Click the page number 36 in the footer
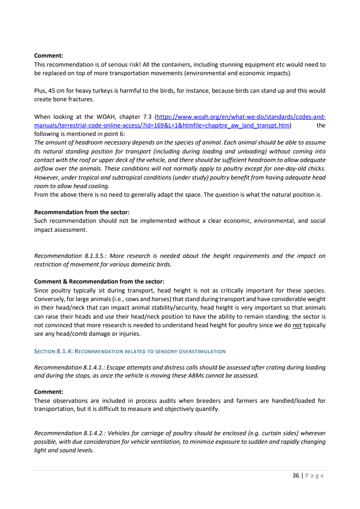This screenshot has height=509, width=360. (x=296, y=475)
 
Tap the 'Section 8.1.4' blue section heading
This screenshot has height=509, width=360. (x=130, y=351)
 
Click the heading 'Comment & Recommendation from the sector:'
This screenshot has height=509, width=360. (x=99, y=281)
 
